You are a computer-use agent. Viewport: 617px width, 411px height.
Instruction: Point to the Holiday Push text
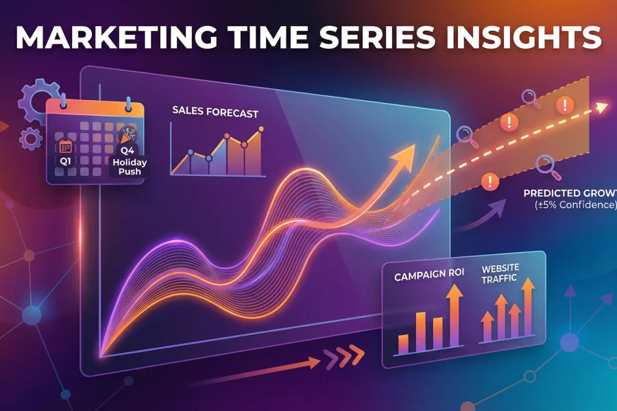click(x=129, y=166)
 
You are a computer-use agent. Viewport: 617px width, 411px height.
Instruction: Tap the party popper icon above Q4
click(x=128, y=135)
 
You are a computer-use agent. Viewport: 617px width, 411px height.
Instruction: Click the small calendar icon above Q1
click(x=66, y=146)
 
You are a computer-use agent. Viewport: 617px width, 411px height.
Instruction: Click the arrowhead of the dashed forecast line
click(x=601, y=107)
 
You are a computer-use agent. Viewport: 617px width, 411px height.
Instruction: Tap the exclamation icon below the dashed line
click(x=489, y=182)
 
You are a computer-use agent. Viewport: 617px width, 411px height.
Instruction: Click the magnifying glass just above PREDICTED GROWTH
click(x=546, y=164)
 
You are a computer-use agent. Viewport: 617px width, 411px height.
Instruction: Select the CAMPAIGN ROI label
click(x=430, y=276)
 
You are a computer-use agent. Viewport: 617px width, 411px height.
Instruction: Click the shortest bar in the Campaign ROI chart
click(x=404, y=342)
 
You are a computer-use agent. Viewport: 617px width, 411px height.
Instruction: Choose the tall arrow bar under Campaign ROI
click(x=454, y=322)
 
